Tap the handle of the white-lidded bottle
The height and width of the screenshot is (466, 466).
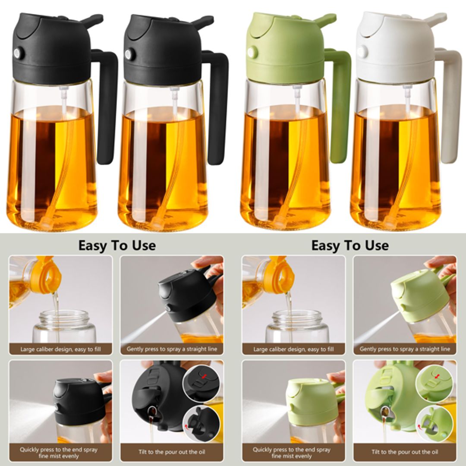coord(451,108)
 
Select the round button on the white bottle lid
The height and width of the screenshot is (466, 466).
coord(362,52)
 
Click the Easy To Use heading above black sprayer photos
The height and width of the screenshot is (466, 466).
coord(116,246)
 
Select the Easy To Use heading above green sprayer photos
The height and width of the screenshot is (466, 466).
coord(349,246)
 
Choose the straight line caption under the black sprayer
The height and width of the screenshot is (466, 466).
coord(172,349)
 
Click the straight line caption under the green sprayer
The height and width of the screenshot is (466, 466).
coord(405,349)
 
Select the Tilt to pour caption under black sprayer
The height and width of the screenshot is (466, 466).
coord(172,452)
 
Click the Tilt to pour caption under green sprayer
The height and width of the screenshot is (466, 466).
coord(405,452)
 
